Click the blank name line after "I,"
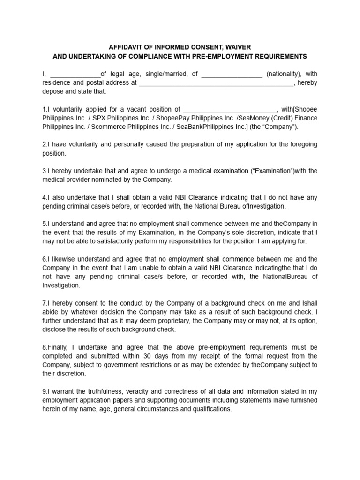(75, 74)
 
